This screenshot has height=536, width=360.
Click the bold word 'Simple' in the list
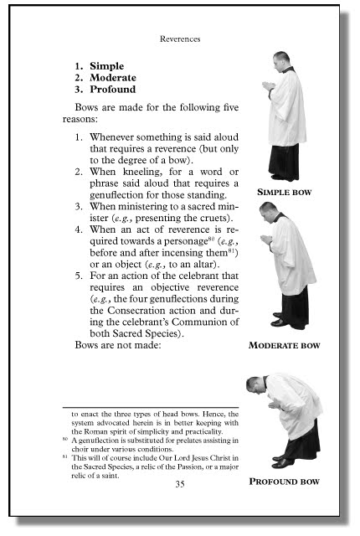coord(106,65)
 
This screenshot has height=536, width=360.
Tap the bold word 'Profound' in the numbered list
coord(112,89)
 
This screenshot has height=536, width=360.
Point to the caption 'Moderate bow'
coord(285,344)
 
